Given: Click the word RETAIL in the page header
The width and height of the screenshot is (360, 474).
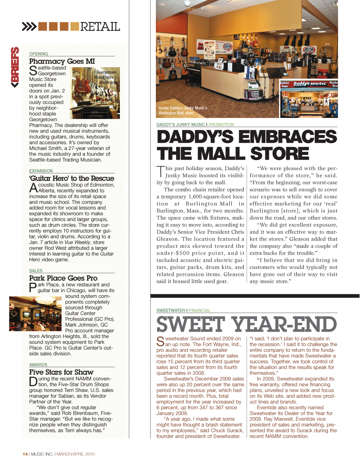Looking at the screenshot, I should click(x=100, y=27).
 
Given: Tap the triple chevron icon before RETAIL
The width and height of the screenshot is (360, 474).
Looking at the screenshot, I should click(x=29, y=26).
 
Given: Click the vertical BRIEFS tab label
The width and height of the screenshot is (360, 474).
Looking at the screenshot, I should click(x=15, y=67).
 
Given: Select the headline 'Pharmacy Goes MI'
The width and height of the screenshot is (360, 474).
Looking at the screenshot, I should click(x=62, y=61).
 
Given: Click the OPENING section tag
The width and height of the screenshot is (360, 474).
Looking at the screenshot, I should click(x=39, y=54).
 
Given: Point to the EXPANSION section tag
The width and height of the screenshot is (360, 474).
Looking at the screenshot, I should click(x=41, y=171).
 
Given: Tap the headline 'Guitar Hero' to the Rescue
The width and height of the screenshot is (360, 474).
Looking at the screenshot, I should click(x=72, y=178).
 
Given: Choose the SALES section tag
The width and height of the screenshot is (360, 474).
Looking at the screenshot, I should click(x=36, y=271).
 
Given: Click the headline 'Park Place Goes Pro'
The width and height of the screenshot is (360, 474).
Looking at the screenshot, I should click(x=63, y=278).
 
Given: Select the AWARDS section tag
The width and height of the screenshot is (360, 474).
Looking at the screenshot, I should click(x=38, y=365).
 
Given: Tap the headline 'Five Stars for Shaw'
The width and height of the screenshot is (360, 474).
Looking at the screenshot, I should click(x=61, y=372).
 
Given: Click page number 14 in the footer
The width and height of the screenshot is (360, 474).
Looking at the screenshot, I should click(x=25, y=454).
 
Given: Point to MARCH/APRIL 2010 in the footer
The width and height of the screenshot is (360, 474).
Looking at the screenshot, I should click(x=76, y=454).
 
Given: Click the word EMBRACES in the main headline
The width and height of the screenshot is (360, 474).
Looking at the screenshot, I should click(x=287, y=137).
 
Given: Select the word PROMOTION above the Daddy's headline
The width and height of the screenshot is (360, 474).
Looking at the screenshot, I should click(x=221, y=125).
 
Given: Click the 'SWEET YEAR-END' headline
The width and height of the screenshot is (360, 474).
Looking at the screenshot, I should click(x=247, y=324).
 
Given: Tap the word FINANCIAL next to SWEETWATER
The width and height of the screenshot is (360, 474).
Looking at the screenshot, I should click(x=200, y=310).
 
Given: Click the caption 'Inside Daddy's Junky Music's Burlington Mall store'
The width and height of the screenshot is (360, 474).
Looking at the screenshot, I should click(x=183, y=110).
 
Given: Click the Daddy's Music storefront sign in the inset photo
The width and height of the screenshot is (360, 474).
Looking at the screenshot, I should click(x=310, y=84).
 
